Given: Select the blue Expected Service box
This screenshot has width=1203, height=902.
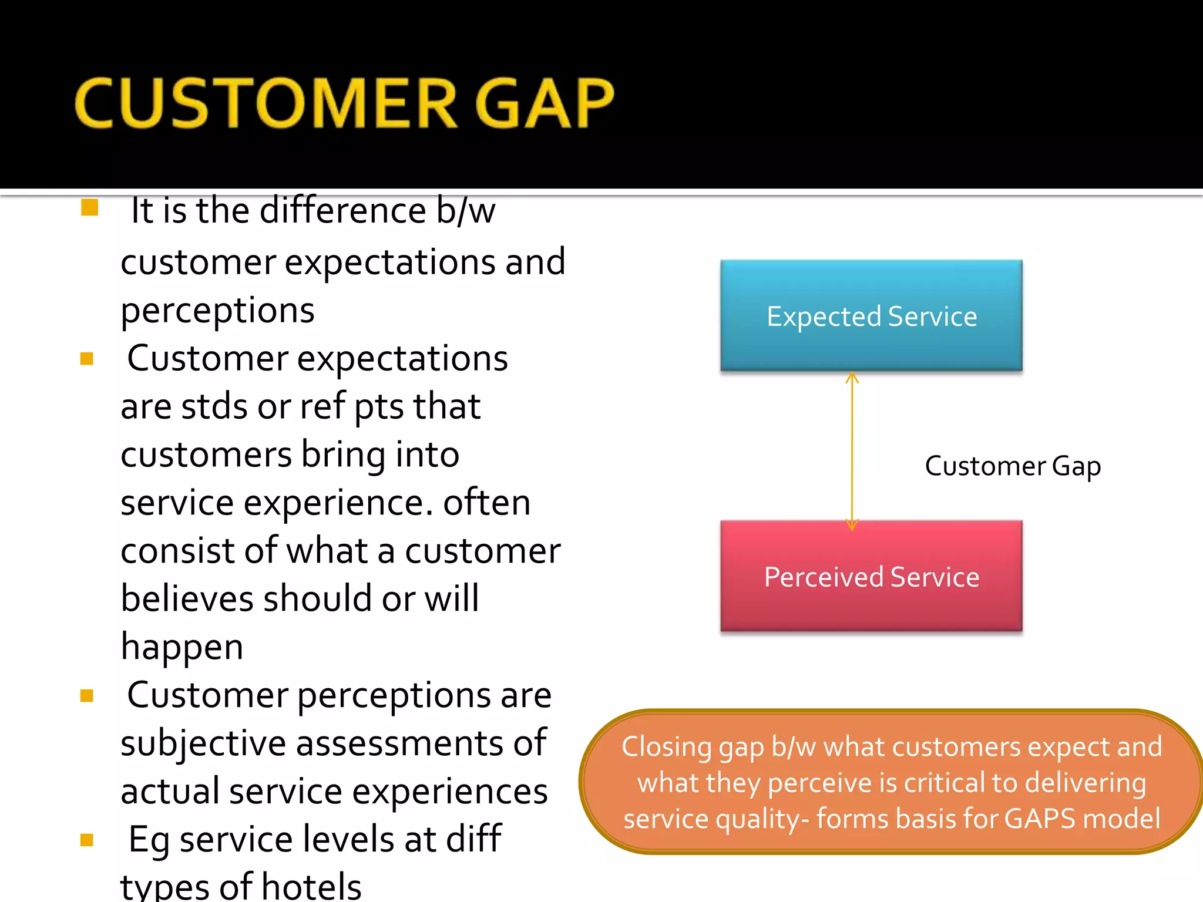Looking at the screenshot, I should coord(871,315).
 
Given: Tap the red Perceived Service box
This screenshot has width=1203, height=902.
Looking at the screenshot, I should coord(871,576).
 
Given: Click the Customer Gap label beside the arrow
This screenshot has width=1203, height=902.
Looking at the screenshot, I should coord(1012,466).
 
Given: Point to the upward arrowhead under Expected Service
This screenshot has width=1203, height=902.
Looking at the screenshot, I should coord(852,378).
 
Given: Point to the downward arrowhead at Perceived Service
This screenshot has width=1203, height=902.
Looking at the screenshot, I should coord(852,524).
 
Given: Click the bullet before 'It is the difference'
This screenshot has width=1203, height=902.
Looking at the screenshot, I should coord(89,207).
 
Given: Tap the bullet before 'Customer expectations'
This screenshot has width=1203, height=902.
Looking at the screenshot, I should coord(87,359).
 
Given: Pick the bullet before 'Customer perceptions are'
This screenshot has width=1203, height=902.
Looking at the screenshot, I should coord(87,696).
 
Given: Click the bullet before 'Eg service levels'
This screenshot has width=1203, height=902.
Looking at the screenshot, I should coord(87,840).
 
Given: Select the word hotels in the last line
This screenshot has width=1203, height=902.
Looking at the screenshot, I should coord(311,887).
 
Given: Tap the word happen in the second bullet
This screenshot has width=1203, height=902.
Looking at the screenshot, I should coord(182,647).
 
